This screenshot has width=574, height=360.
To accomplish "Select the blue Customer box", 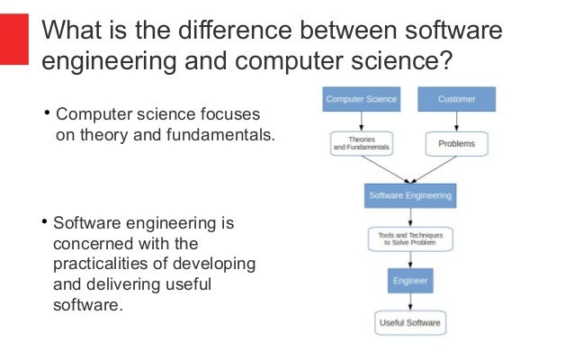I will point(456,98).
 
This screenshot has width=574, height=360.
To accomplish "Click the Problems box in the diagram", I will point(456,143).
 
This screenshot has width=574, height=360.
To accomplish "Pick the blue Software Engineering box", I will point(409,194).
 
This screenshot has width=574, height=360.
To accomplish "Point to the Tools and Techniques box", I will point(409,239).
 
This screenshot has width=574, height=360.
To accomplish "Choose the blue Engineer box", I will point(409,281).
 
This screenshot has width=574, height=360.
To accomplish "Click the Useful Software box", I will point(409,323).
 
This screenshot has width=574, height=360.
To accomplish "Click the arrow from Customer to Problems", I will point(456,121).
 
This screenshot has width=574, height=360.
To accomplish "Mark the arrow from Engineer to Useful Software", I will point(409,302).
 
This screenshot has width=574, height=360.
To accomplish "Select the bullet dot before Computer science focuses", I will point(49,114).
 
